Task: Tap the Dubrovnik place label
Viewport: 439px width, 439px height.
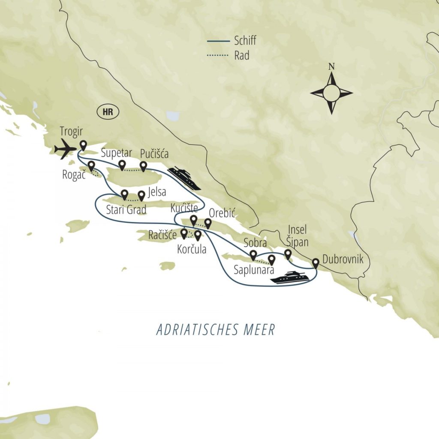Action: [342, 259]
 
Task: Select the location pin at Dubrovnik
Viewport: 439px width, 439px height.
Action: [315, 263]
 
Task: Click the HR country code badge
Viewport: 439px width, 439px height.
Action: [108, 112]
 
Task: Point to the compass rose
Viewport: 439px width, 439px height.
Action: [331, 93]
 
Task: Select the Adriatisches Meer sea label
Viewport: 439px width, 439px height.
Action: [215, 330]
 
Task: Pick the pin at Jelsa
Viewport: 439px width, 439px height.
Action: [141, 195]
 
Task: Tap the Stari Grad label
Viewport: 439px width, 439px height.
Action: [126, 210]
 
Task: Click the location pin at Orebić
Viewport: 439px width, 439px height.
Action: [208, 223]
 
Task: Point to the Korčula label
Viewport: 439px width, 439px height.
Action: [191, 249]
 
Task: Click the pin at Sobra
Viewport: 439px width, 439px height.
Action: [253, 255]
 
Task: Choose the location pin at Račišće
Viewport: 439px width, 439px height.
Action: [184, 233]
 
